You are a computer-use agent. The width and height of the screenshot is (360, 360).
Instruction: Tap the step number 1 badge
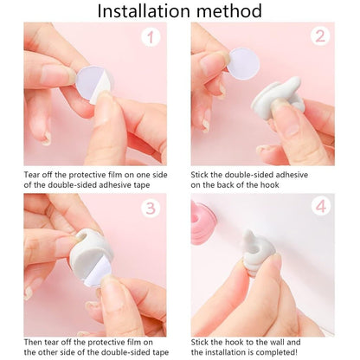pyautogui.click(x=151, y=38)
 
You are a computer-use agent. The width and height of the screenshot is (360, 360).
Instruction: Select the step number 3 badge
pyautogui.click(x=151, y=209)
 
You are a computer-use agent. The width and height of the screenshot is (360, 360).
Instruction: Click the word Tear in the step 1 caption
pyautogui.click(x=33, y=174)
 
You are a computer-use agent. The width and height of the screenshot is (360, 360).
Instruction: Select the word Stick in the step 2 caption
pyautogui.click(x=202, y=174)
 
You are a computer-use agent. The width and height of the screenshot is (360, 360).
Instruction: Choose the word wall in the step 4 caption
pyautogui.click(x=278, y=341)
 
